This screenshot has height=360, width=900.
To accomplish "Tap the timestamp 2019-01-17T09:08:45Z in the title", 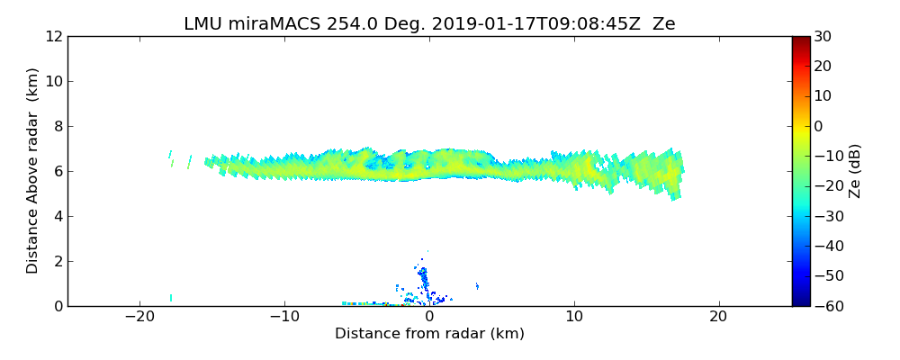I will [x=522, y=24].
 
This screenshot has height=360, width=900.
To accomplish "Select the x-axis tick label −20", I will [x=139, y=317].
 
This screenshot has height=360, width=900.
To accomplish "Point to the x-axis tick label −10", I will [x=284, y=317].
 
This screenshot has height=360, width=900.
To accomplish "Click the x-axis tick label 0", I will [x=429, y=317].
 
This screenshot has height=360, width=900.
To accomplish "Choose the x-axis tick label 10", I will [x=574, y=317].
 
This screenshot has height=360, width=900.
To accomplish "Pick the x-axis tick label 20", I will [x=718, y=317].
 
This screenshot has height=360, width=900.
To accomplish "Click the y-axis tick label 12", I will [x=54, y=36].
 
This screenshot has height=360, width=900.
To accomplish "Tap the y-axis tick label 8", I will [x=58, y=126].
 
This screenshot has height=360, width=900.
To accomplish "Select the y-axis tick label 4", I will [x=58, y=216].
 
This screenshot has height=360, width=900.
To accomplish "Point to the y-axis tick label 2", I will [x=58, y=261].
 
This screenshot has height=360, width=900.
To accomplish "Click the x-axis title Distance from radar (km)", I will [x=429, y=334].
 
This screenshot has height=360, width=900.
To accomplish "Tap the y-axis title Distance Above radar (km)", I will [x=33, y=171].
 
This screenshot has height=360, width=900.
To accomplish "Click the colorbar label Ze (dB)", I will [x=856, y=171].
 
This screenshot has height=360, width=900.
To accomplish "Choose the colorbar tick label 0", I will [x=816, y=126].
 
